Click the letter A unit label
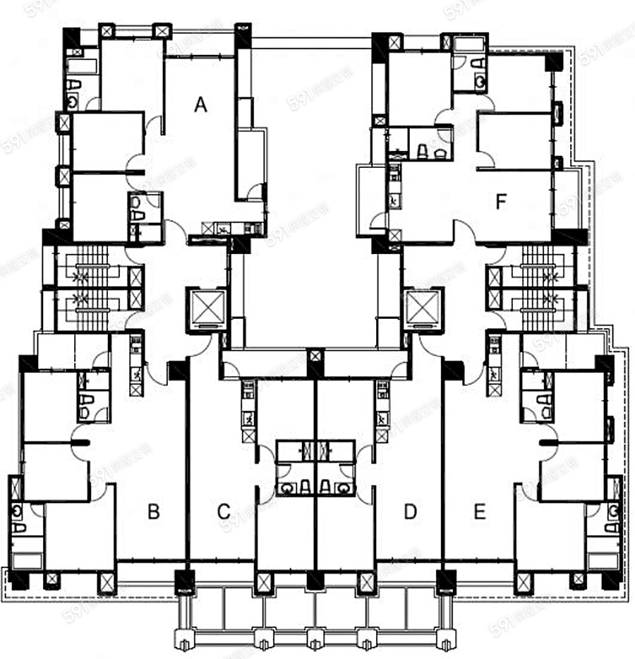pos(201,105)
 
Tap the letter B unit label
pos(153,512)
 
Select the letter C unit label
pos(224,512)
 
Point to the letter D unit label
pos(411,512)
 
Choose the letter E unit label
pos(480,512)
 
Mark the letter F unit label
pos(501,203)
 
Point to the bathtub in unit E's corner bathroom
pos(603,562)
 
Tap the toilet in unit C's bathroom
pos(304,486)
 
